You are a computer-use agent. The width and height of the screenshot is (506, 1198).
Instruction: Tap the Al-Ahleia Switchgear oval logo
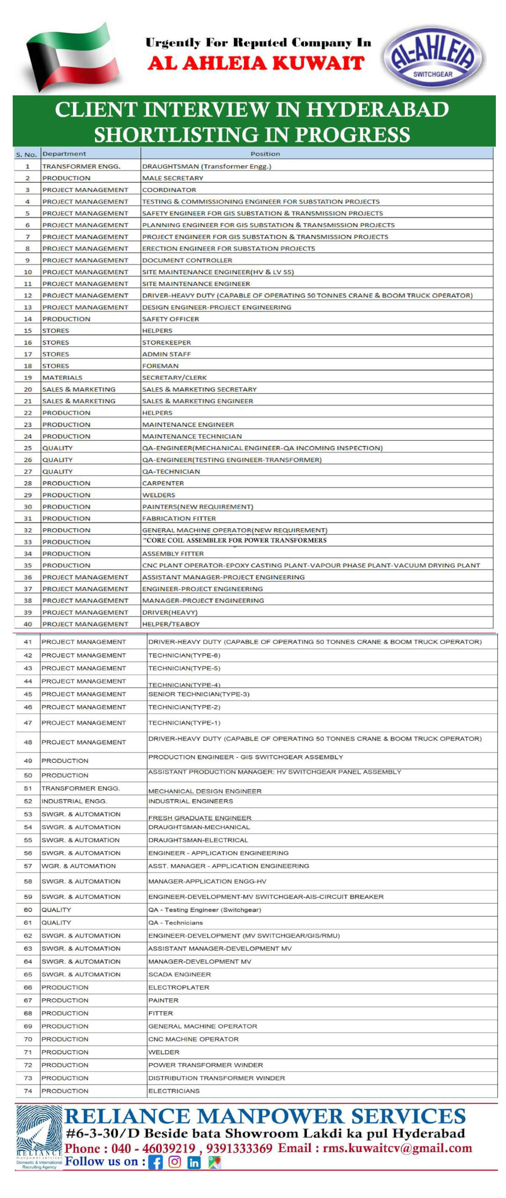[x=433, y=57]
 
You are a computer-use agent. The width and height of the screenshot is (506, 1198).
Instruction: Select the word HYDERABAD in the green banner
[x=377, y=110]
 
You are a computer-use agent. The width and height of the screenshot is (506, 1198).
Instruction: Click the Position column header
[x=265, y=154]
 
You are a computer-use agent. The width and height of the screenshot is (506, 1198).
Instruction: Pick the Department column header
[x=64, y=154]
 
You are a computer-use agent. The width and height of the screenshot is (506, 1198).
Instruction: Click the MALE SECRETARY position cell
[x=172, y=178]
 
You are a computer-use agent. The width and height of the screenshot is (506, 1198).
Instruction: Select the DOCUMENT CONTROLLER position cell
[x=187, y=260]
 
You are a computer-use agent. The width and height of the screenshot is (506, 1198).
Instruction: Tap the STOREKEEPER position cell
[x=167, y=342]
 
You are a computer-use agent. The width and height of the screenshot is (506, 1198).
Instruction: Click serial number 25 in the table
[x=28, y=448]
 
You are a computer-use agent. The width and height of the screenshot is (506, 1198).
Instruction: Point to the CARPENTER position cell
[x=163, y=483]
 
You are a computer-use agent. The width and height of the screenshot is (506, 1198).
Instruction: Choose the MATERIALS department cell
[x=62, y=378]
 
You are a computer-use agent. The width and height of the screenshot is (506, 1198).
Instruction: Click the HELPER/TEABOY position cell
[x=171, y=624]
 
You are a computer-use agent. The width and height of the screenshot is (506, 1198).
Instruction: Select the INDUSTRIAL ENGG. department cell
[x=75, y=801]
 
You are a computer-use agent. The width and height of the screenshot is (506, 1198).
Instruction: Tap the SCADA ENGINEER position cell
[x=180, y=974]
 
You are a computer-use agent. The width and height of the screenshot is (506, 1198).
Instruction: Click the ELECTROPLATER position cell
[x=178, y=987]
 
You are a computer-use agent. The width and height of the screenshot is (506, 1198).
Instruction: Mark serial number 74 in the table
[x=28, y=1091]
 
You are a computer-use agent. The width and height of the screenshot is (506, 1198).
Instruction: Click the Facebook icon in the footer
[x=156, y=1162]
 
